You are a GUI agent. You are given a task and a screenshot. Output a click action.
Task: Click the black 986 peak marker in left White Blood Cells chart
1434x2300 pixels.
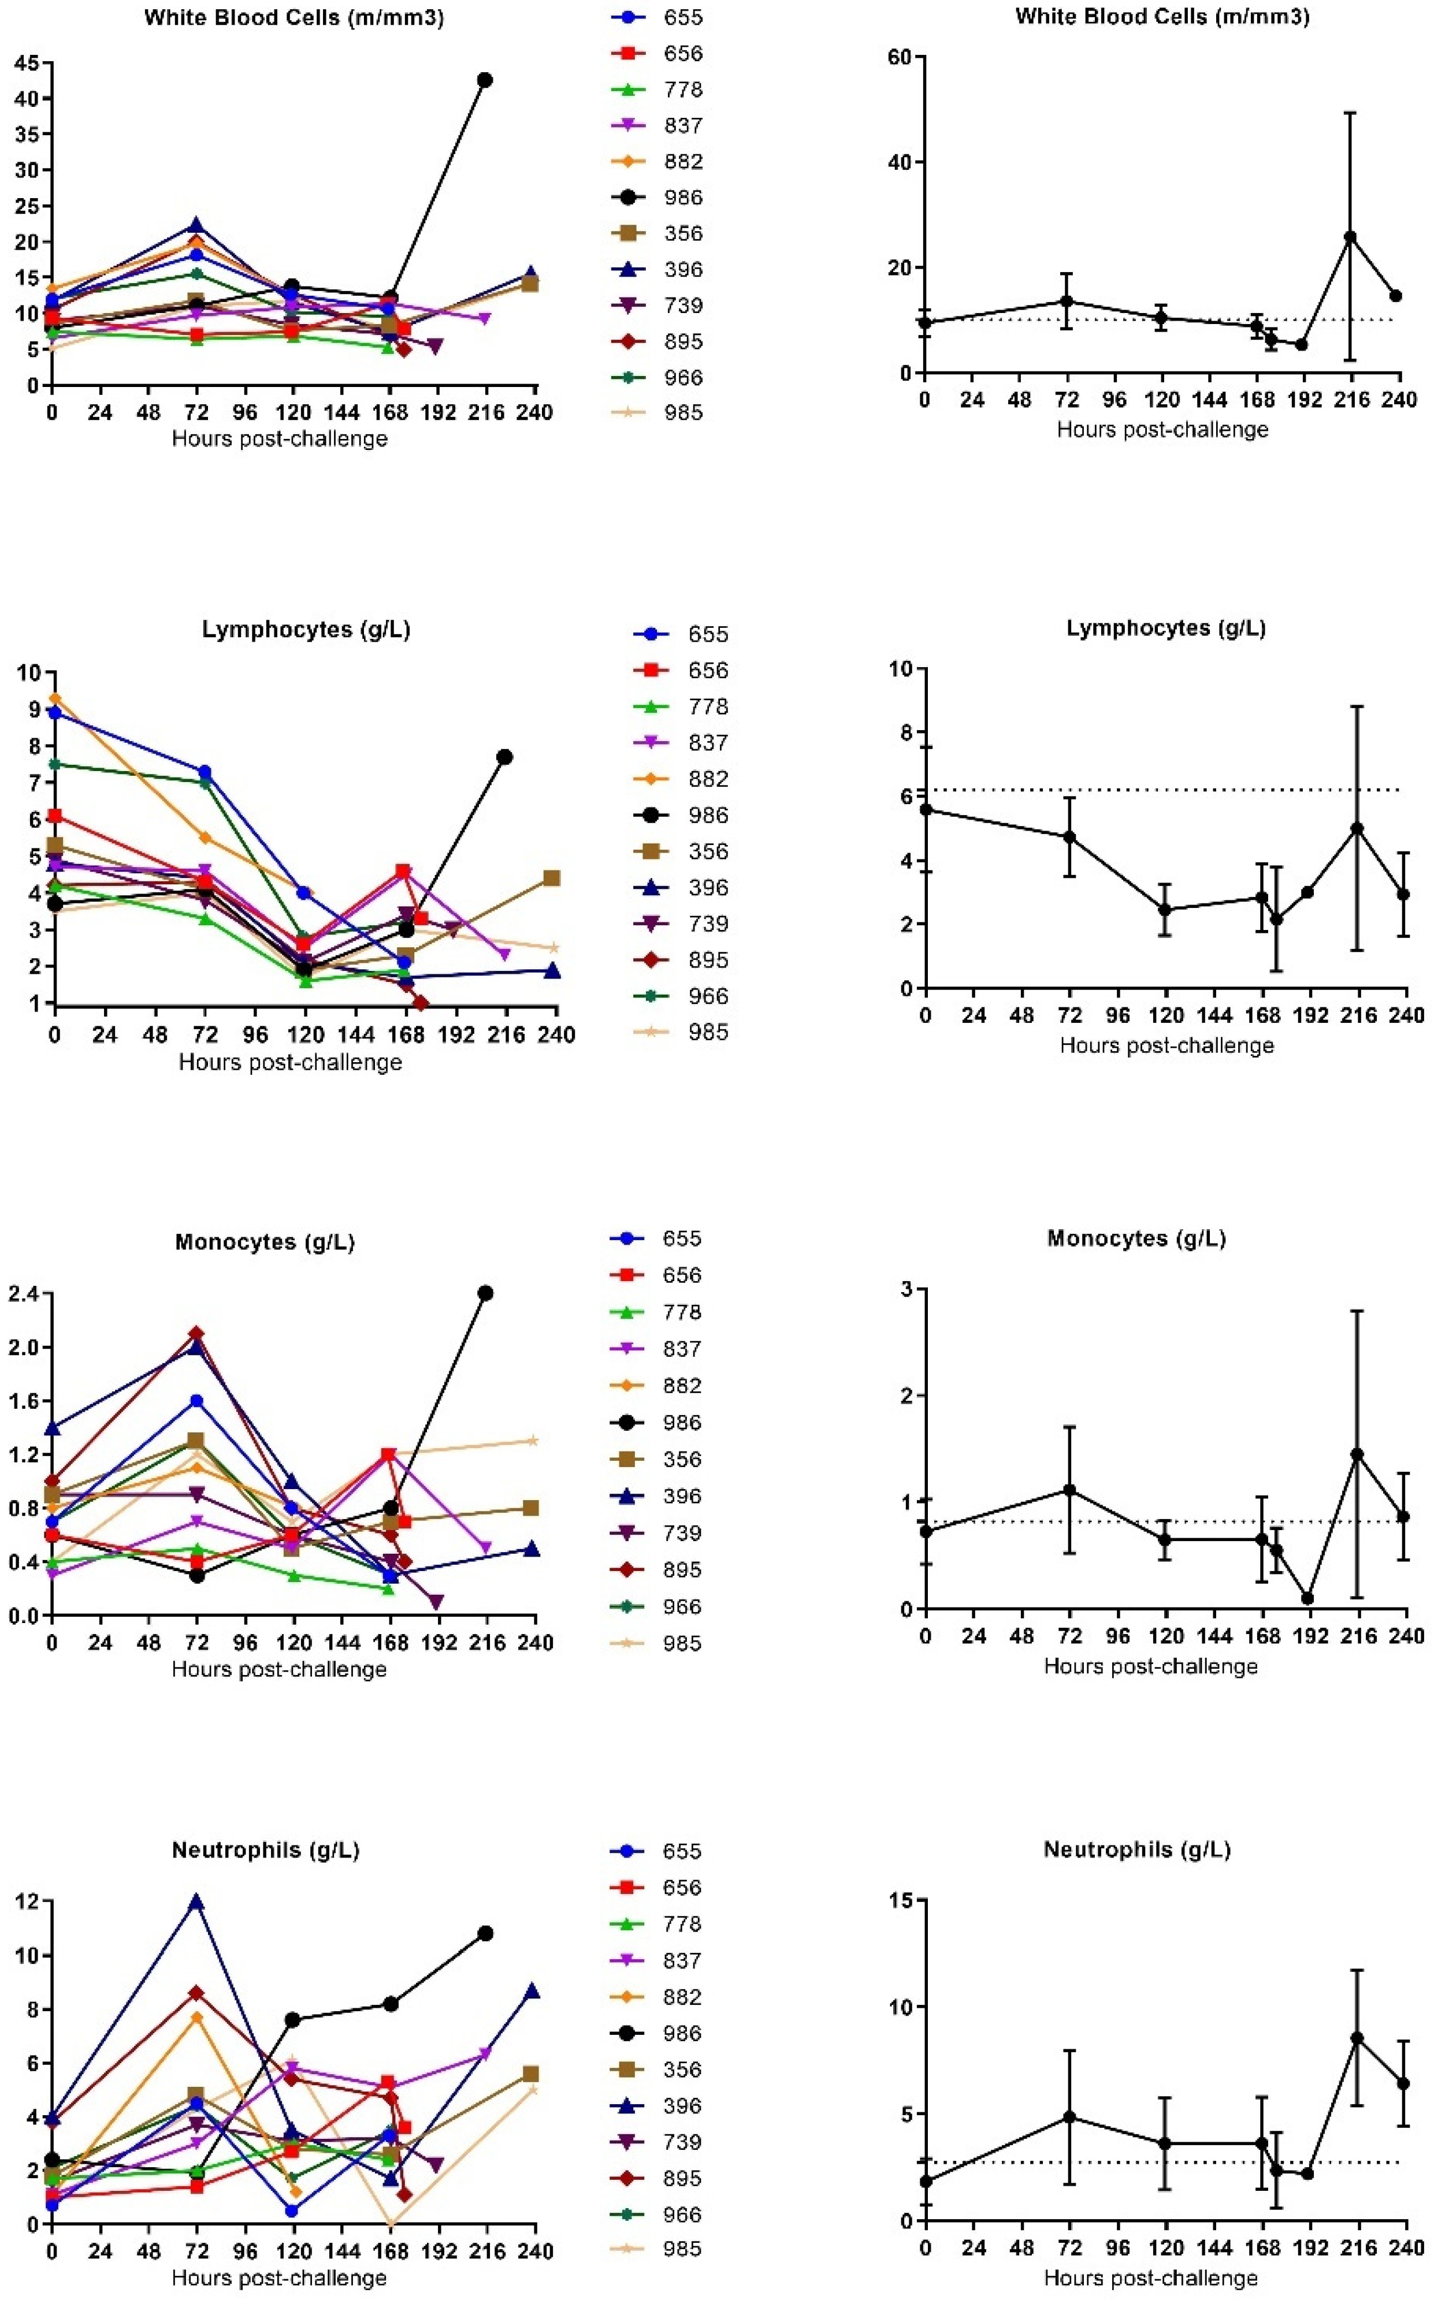point(485,80)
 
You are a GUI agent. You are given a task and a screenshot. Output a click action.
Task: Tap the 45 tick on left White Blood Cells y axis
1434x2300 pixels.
point(27,64)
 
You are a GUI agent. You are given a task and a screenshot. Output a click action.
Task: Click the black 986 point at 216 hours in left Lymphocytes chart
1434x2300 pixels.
point(504,757)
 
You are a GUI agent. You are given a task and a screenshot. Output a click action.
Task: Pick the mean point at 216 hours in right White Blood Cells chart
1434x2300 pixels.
point(1350,237)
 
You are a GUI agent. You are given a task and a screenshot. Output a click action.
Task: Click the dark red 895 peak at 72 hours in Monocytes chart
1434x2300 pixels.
point(196,1334)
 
